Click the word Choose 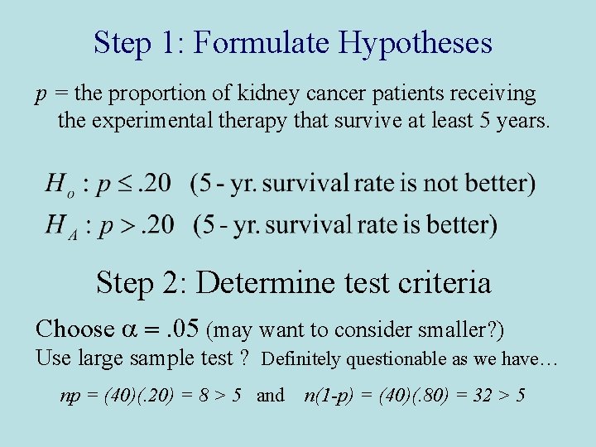pos(74,329)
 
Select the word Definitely pos(301,359)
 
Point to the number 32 pos(478,396)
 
